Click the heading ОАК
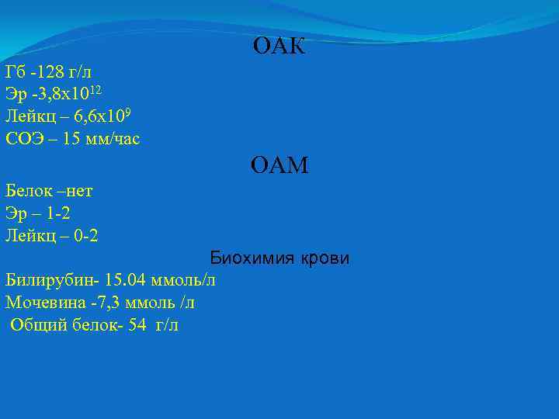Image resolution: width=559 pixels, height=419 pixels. [279, 47]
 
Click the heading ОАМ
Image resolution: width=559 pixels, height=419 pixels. [279, 165]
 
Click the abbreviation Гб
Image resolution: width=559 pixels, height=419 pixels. [15, 73]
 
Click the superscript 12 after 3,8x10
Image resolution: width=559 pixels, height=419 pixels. [94, 91]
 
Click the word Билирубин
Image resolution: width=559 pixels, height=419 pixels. [44, 280]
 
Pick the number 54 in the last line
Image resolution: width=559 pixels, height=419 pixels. [137, 325]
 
